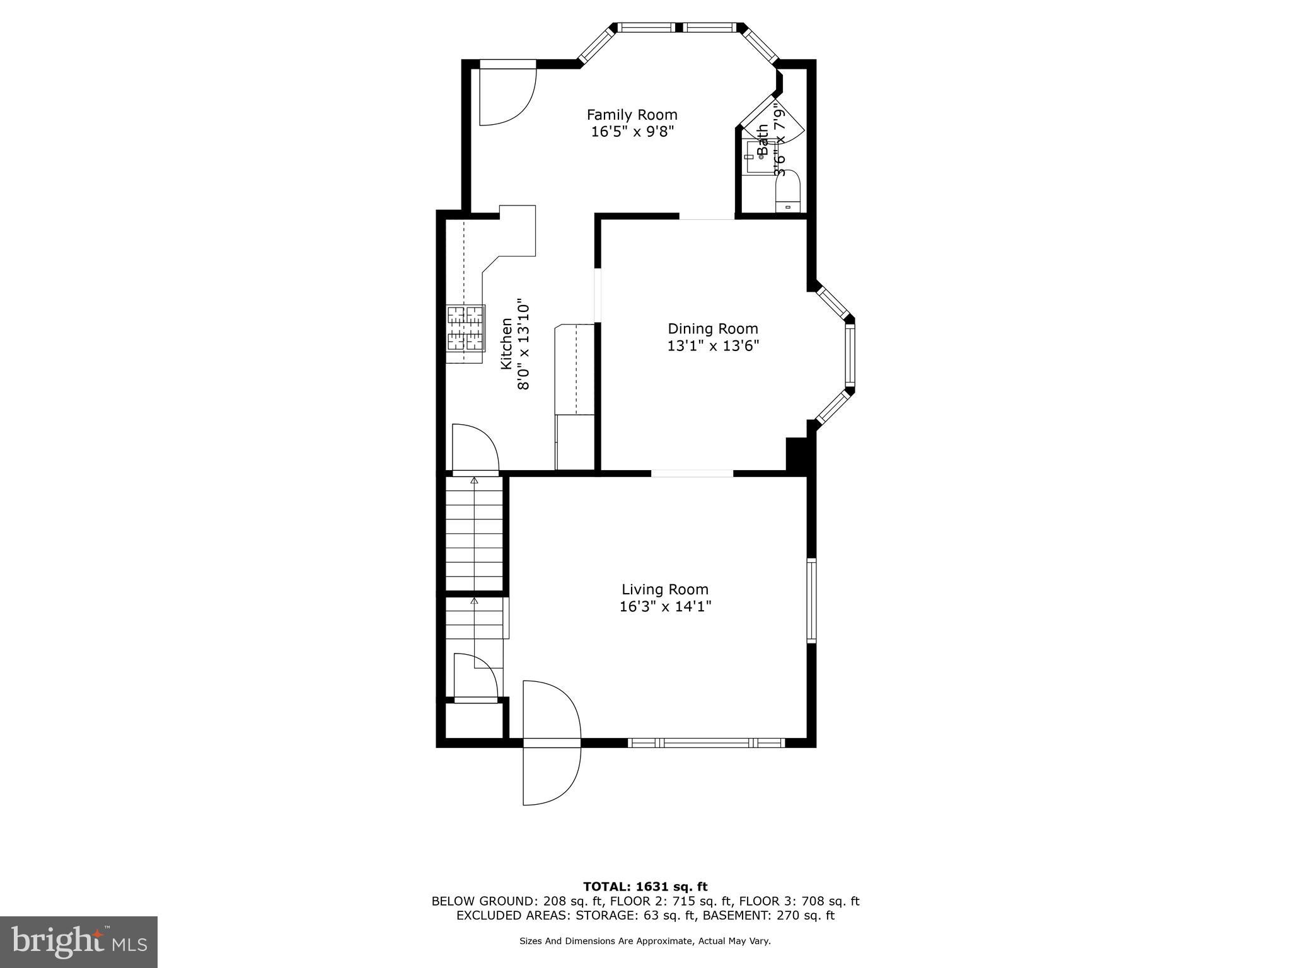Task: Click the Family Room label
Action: click(x=632, y=115)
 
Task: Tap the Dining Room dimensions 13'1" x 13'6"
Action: click(x=713, y=346)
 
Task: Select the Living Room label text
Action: click(x=665, y=589)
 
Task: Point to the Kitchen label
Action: click(x=506, y=343)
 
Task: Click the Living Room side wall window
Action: click(x=811, y=600)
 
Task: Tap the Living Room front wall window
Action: click(x=707, y=743)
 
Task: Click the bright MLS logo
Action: click(x=79, y=942)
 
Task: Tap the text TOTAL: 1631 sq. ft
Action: click(x=645, y=887)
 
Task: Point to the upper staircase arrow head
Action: click(x=474, y=481)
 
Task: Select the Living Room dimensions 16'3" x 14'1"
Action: click(x=665, y=607)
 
